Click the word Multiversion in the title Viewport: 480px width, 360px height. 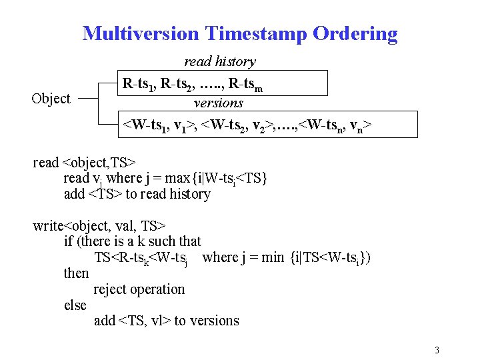click(141, 33)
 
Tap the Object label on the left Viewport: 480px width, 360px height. click(51, 99)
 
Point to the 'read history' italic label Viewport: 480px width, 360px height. click(219, 61)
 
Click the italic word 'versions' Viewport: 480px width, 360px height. click(219, 103)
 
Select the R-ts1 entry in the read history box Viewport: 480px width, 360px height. click(139, 85)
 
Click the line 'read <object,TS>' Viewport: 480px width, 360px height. click(85, 163)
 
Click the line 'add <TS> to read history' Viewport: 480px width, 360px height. click(137, 194)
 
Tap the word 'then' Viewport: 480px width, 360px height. click(76, 273)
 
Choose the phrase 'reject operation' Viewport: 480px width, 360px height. click(139, 289)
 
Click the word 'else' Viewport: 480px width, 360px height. click(75, 305)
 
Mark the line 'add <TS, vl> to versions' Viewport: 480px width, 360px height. click(167, 321)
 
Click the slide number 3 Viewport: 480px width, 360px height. click(437, 351)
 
